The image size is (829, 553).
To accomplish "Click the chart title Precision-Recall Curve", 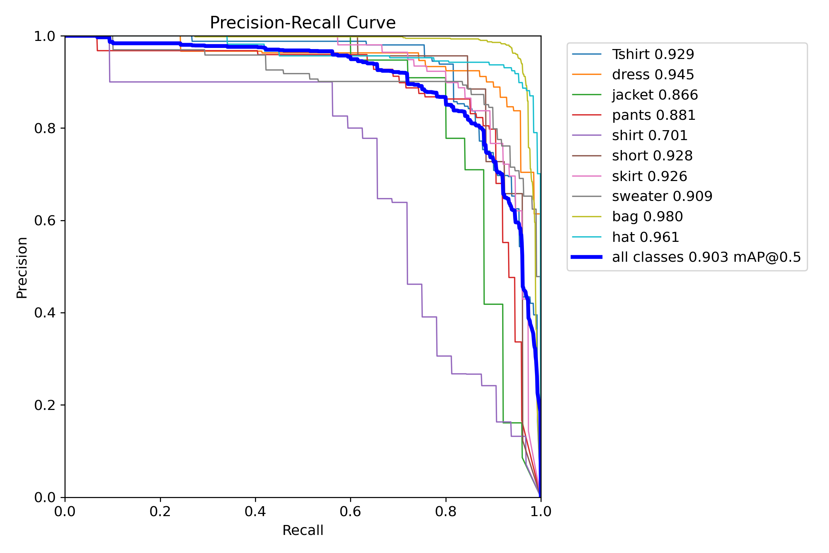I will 302,23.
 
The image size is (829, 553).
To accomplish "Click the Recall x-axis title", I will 302,531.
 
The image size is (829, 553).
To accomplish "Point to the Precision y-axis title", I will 22,267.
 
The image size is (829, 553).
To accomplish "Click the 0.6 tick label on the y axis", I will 45,220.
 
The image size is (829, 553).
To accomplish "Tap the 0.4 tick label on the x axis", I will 255,512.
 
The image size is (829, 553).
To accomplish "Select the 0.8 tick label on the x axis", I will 446,512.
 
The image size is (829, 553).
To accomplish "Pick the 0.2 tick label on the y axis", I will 45,405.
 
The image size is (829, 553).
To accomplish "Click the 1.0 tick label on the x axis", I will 541,512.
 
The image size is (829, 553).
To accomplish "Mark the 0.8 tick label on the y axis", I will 45,128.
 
